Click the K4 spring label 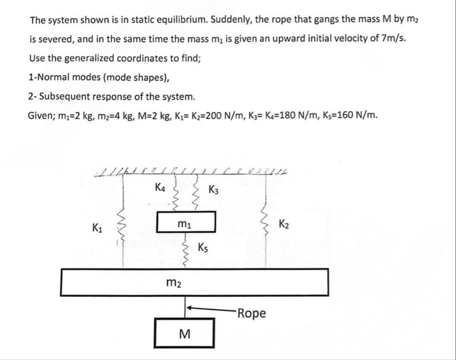point(160,187)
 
